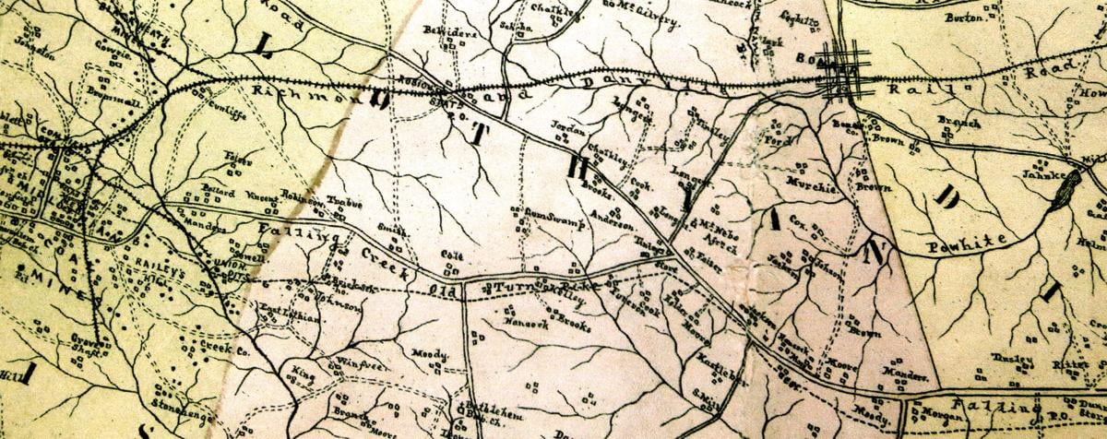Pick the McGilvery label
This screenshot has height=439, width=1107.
coord(637,6)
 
